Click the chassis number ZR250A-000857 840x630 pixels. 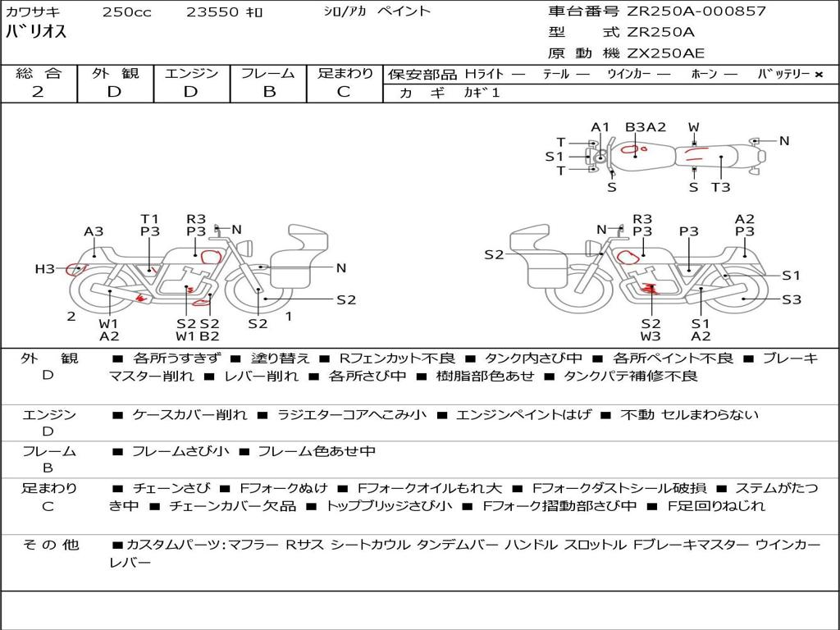point(696,11)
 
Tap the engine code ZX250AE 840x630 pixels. point(665,53)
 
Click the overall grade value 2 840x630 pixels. point(38,92)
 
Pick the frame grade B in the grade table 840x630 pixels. point(269,92)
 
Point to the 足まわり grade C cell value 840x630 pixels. point(344,92)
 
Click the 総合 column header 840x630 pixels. point(39,73)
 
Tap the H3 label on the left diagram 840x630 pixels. point(44,268)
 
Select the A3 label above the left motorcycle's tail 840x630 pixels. point(94,232)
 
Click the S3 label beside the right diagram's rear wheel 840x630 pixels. point(792,299)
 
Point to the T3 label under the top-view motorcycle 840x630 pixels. point(720,187)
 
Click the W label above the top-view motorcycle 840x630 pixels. point(694,127)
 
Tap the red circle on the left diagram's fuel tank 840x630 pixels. point(211,257)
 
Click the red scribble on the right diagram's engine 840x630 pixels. point(650,290)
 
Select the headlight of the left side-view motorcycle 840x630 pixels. point(246,248)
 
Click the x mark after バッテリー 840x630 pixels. point(819,75)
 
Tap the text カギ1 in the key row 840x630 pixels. point(482,93)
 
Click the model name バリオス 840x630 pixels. point(36,31)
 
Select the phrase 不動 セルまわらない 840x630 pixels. point(689,414)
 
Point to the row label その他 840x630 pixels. point(51,545)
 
